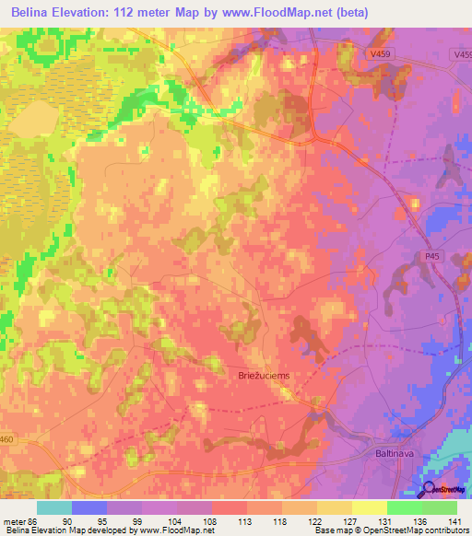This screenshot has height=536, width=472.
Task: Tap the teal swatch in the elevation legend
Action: tap(54, 507)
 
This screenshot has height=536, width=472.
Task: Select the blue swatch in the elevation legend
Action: tap(89, 507)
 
